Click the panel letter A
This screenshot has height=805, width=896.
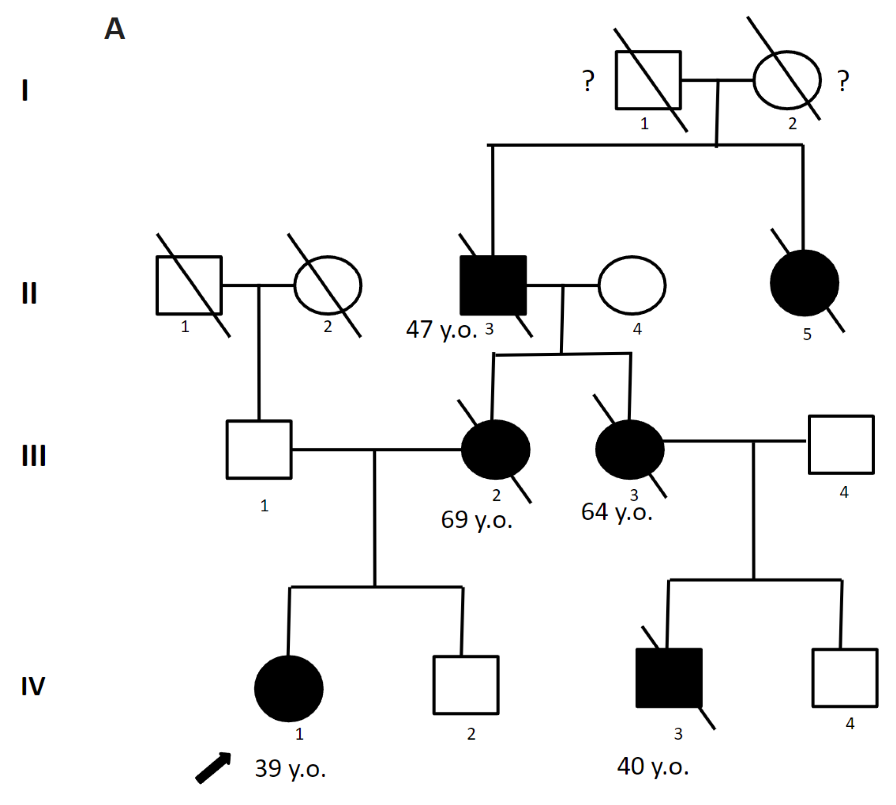(x=114, y=29)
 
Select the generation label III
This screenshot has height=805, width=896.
(x=33, y=456)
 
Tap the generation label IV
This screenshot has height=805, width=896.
(x=33, y=686)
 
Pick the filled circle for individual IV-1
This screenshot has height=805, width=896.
(x=288, y=689)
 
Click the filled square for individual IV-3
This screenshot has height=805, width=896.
(x=668, y=678)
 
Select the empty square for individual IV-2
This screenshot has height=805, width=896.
(x=466, y=685)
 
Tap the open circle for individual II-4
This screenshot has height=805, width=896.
(x=632, y=285)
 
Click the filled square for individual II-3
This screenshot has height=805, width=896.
(x=493, y=285)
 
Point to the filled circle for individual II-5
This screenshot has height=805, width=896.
(x=804, y=283)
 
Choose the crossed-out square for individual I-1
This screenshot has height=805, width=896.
(x=648, y=80)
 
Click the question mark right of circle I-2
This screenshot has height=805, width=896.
(x=843, y=81)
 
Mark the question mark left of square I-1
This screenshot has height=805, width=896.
(x=588, y=81)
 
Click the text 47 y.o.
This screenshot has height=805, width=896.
(x=441, y=330)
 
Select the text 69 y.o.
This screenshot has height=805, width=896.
(x=476, y=519)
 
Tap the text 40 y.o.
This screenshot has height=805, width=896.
(x=652, y=767)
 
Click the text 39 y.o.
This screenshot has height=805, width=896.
(x=290, y=768)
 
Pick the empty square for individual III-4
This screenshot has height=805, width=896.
(x=841, y=444)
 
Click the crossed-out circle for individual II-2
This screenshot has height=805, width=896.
(x=328, y=285)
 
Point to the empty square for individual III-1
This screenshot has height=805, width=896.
(x=259, y=449)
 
